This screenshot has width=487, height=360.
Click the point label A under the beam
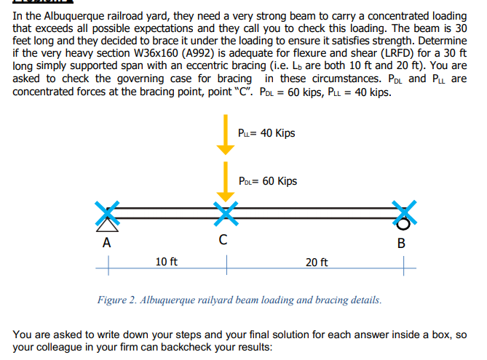point(107,243)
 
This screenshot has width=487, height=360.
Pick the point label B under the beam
point(400,243)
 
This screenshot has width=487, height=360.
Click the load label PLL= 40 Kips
point(266,133)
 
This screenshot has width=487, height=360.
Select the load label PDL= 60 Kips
point(267,180)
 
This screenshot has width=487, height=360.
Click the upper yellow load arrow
point(226,135)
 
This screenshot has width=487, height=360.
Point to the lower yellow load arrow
point(226,182)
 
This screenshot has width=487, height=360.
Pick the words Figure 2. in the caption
point(119,300)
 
